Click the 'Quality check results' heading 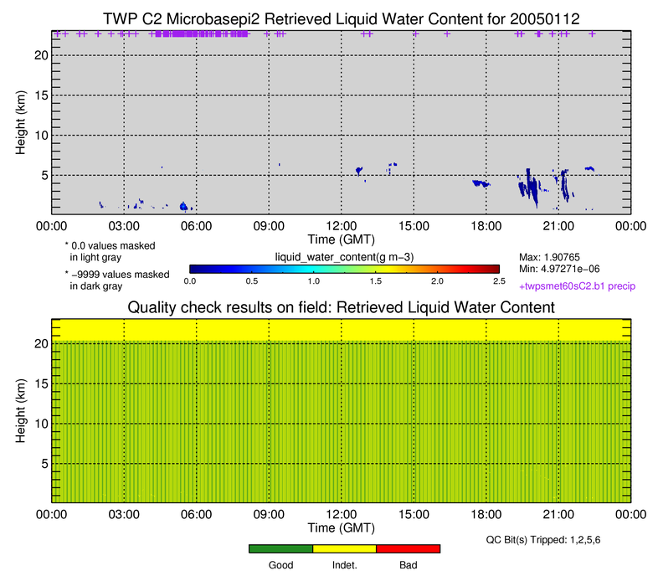(341, 307)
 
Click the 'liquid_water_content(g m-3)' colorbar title (343, 255)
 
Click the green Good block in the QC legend (280, 548)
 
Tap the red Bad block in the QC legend (408, 548)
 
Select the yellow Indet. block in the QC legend (344, 548)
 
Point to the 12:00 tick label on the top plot (342, 225)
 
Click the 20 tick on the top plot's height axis (40, 54)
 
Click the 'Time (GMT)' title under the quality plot (341, 528)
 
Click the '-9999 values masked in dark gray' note (119, 280)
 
